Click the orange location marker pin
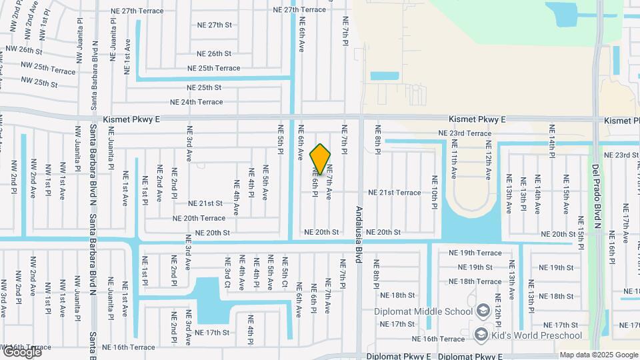point(320,159)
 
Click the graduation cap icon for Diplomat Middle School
point(483,311)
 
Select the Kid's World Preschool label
point(537,335)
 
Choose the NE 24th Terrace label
point(197,102)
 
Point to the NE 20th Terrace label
point(199,218)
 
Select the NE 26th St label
point(214,53)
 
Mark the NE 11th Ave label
point(453,163)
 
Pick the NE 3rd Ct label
point(227,273)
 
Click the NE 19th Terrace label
point(475,253)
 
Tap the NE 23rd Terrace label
point(465,133)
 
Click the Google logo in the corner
point(22,351)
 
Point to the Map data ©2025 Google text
point(599,355)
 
